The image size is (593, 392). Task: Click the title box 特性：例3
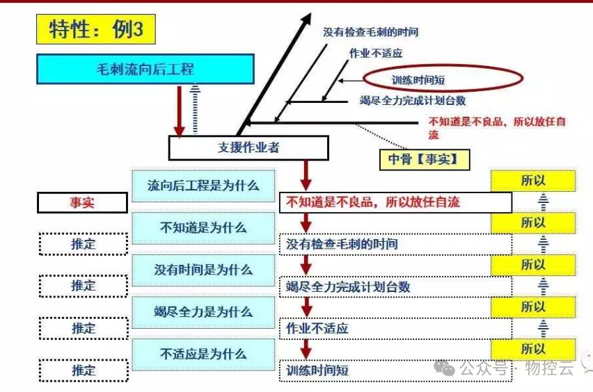coord(96,29)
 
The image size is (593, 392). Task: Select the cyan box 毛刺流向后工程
coord(145,70)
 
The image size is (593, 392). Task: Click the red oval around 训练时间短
coord(443,80)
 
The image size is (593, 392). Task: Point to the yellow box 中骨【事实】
coord(424,160)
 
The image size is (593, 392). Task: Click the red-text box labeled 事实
coord(82,202)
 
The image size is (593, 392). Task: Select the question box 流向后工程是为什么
coord(203,186)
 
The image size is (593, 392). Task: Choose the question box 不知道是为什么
coord(203,227)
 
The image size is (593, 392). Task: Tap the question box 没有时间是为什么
coord(203,270)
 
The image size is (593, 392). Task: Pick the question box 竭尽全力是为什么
coord(203,311)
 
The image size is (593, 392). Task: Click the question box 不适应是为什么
coord(203,353)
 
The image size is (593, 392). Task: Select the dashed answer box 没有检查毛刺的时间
coord(395,245)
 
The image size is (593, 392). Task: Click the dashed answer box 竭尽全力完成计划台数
coord(395,286)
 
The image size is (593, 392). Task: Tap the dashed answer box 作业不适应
coord(395,328)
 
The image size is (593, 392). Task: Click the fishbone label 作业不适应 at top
coord(376,53)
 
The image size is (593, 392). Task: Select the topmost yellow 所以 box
coord(533,180)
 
